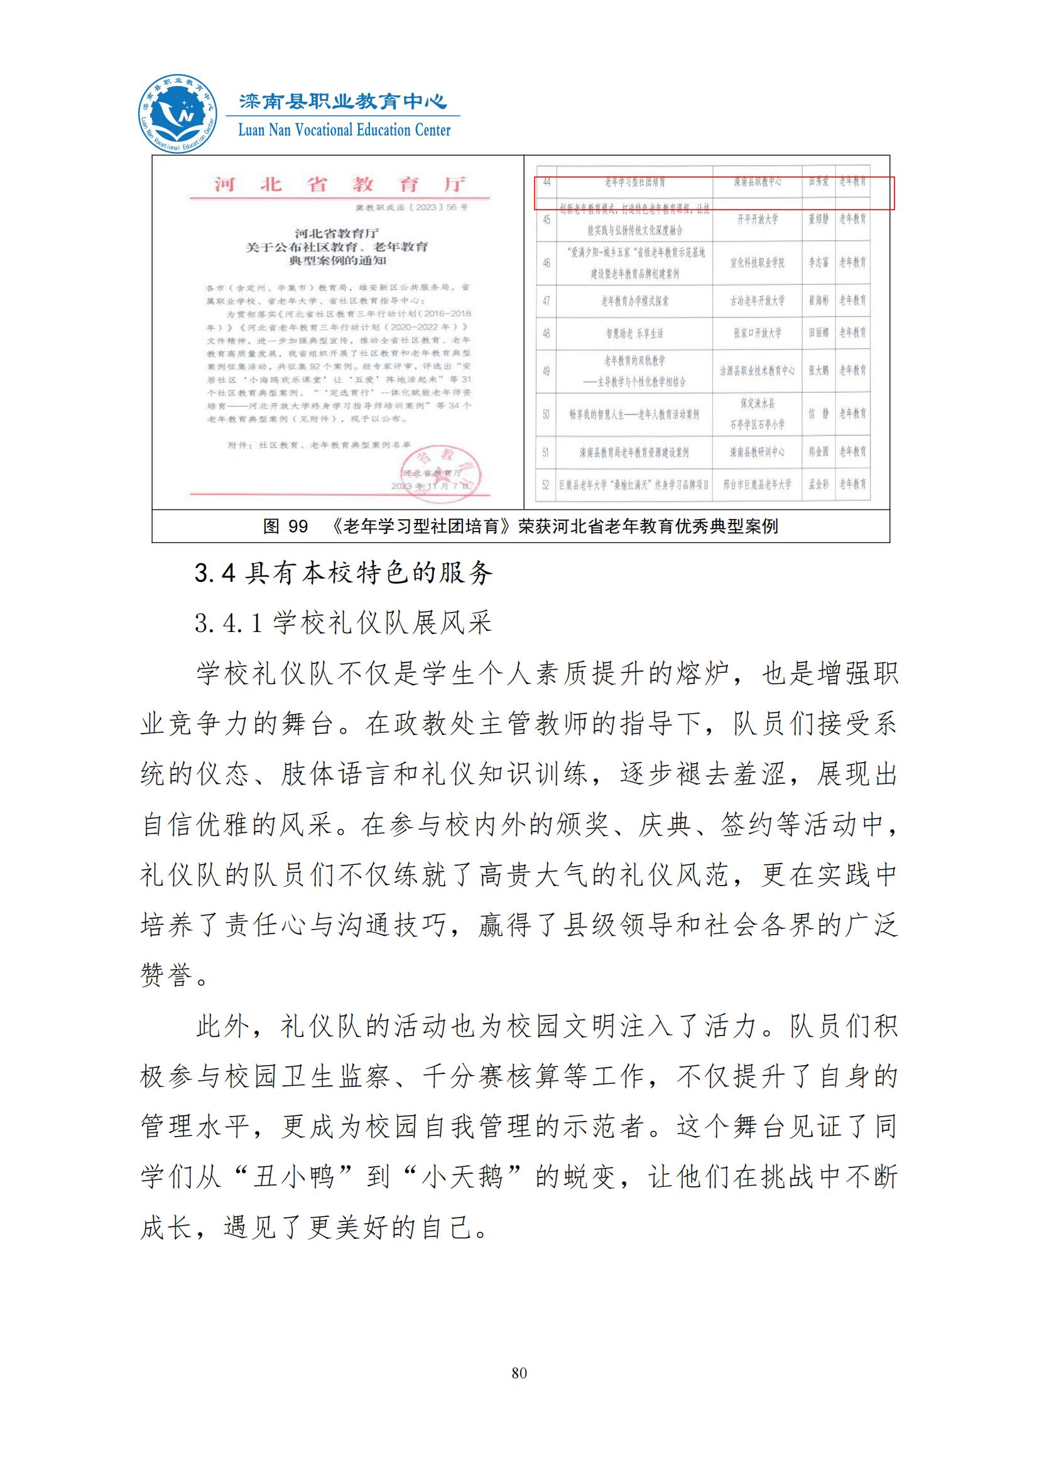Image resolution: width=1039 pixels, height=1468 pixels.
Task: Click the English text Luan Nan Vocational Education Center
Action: pos(344,131)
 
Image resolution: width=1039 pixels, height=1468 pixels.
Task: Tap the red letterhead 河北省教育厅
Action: pos(339,185)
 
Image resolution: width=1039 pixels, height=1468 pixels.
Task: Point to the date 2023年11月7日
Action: pos(431,486)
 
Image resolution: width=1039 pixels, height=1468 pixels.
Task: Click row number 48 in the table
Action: pos(546,333)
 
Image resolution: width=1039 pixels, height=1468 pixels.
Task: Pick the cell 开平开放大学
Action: pos(758,219)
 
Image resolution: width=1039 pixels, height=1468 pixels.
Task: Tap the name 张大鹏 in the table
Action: pos(819,371)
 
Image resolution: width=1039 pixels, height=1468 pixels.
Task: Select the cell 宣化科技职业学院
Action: pos(758,263)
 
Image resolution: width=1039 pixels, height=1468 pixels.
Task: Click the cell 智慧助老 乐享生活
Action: pos(634,333)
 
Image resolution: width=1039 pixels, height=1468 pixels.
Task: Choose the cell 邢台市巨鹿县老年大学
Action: pos(758,484)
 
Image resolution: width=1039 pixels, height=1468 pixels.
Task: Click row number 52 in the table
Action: pos(546,485)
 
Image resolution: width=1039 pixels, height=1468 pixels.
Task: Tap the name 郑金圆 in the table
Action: pos(819,452)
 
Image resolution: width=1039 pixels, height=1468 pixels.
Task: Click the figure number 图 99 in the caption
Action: pos(285,526)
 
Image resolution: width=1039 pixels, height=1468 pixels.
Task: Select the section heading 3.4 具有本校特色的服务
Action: pos(344,573)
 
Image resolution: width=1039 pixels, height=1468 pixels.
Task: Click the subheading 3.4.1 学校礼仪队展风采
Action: pos(344,622)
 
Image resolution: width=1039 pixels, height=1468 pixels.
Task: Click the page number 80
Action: pos(519,1373)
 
